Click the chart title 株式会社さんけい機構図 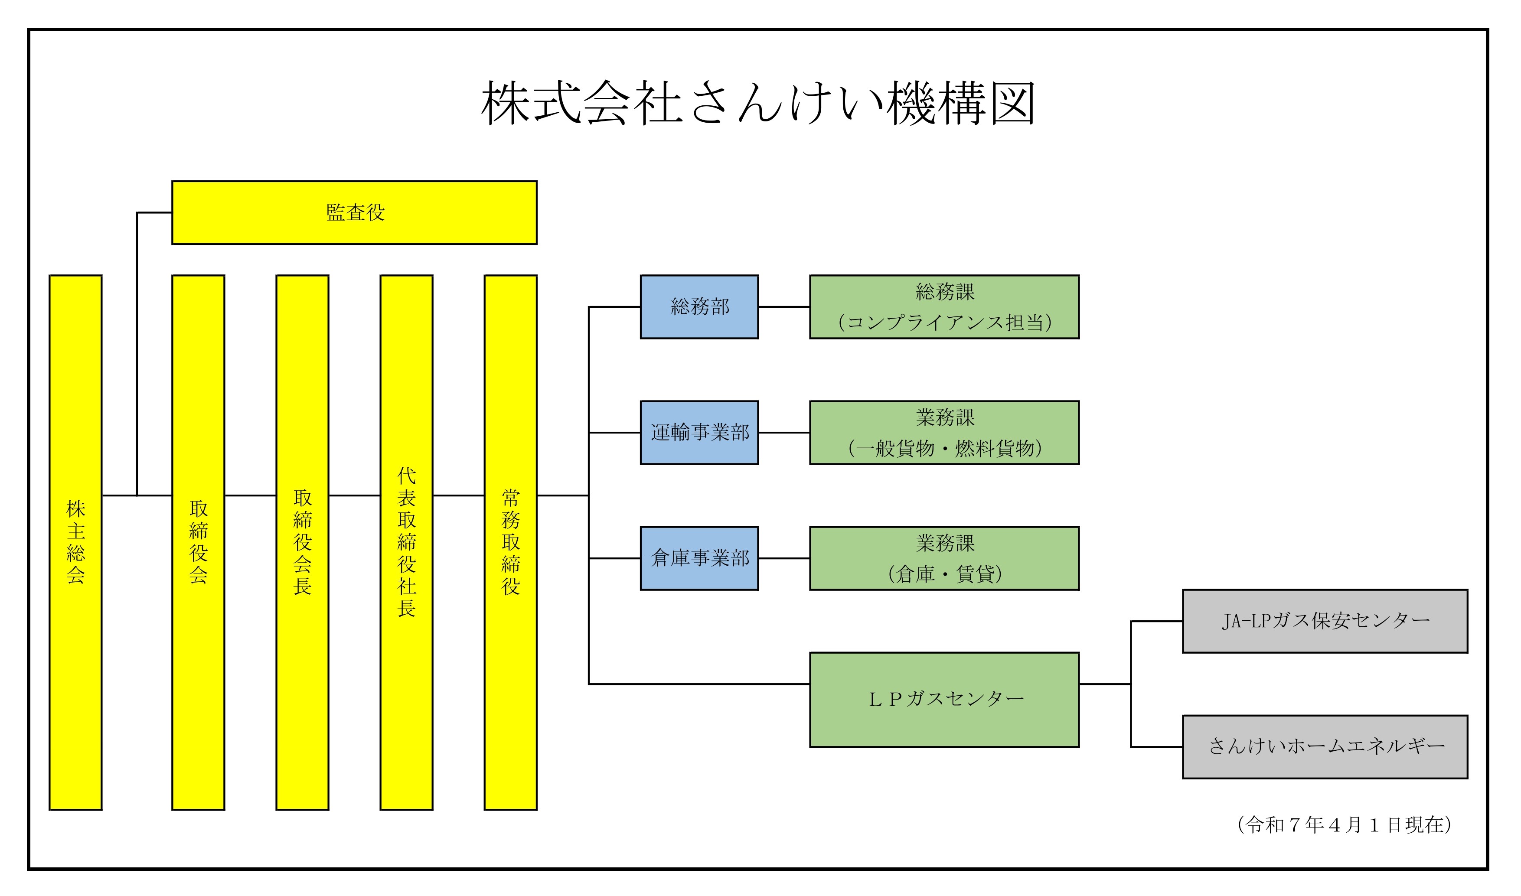click(758, 104)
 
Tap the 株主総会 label click(75, 541)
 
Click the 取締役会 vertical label click(198, 541)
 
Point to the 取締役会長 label click(303, 541)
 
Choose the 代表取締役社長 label click(406, 541)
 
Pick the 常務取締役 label click(511, 541)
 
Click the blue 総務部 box click(699, 307)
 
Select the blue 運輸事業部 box click(699, 432)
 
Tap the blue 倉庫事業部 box click(699, 558)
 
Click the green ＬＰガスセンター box click(944, 700)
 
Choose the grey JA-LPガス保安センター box click(1325, 621)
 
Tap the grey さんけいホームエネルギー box click(1325, 747)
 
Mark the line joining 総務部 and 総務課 click(784, 307)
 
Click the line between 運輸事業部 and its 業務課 click(784, 432)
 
